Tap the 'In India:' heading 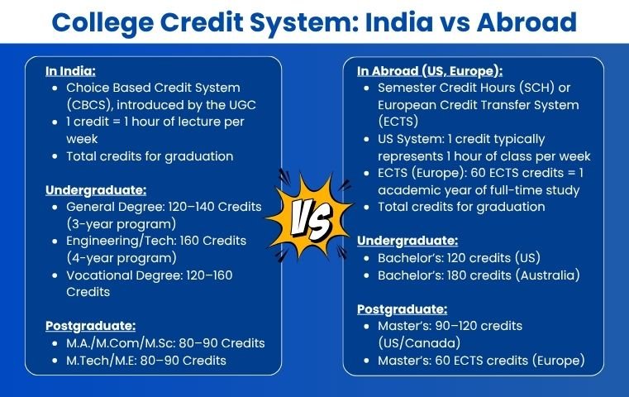coord(70,71)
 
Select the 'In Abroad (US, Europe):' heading coord(430,71)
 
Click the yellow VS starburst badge coord(310,218)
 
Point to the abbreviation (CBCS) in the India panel coord(90,105)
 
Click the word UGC coord(242,105)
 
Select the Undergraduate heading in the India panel coord(96,190)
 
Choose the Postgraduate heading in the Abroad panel coord(402,309)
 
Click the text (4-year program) coord(122,258)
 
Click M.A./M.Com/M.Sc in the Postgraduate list coord(121,343)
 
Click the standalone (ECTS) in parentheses coord(398,122)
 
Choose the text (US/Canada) coord(419,343)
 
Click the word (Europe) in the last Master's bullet coord(559,361)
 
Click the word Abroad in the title coord(527,22)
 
